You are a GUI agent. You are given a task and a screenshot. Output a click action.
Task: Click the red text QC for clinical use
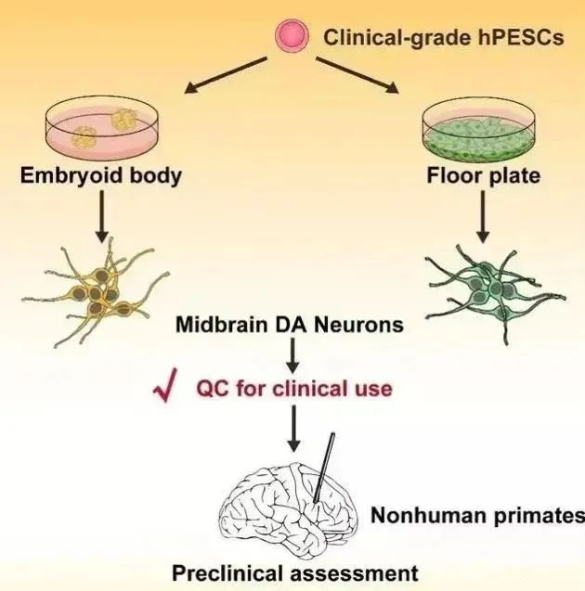pyautogui.click(x=293, y=388)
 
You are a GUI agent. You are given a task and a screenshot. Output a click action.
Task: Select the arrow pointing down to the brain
pyautogui.click(x=292, y=426)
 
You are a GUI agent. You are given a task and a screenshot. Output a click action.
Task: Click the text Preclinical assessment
pyautogui.click(x=295, y=572)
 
